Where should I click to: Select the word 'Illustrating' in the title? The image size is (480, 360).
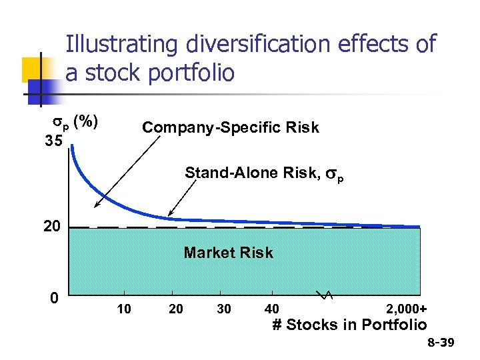(x=121, y=45)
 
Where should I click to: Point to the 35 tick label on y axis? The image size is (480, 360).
(x=55, y=141)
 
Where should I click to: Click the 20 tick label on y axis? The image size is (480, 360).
(x=51, y=227)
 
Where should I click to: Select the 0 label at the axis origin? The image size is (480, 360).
(x=54, y=297)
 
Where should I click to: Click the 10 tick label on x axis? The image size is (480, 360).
(x=123, y=309)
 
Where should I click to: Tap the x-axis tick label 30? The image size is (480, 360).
(x=225, y=309)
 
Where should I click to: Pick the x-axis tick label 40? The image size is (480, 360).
(x=271, y=309)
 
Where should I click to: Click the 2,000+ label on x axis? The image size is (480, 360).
(x=406, y=309)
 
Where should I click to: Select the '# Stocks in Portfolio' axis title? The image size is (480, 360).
(x=349, y=325)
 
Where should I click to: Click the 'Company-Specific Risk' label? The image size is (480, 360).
(x=231, y=127)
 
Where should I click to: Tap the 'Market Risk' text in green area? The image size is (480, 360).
(x=228, y=253)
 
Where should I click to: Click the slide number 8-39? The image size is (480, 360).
(x=440, y=343)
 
